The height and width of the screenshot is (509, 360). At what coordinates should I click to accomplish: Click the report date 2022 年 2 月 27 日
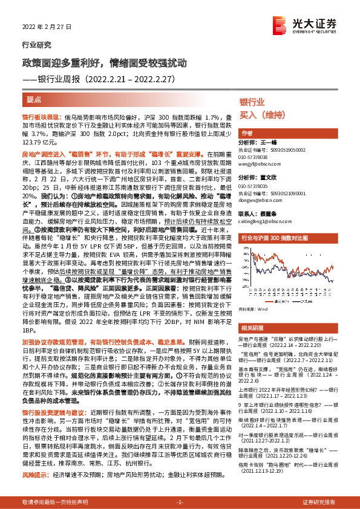[43, 27]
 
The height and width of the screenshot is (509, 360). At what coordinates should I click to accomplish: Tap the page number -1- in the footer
[180, 502]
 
